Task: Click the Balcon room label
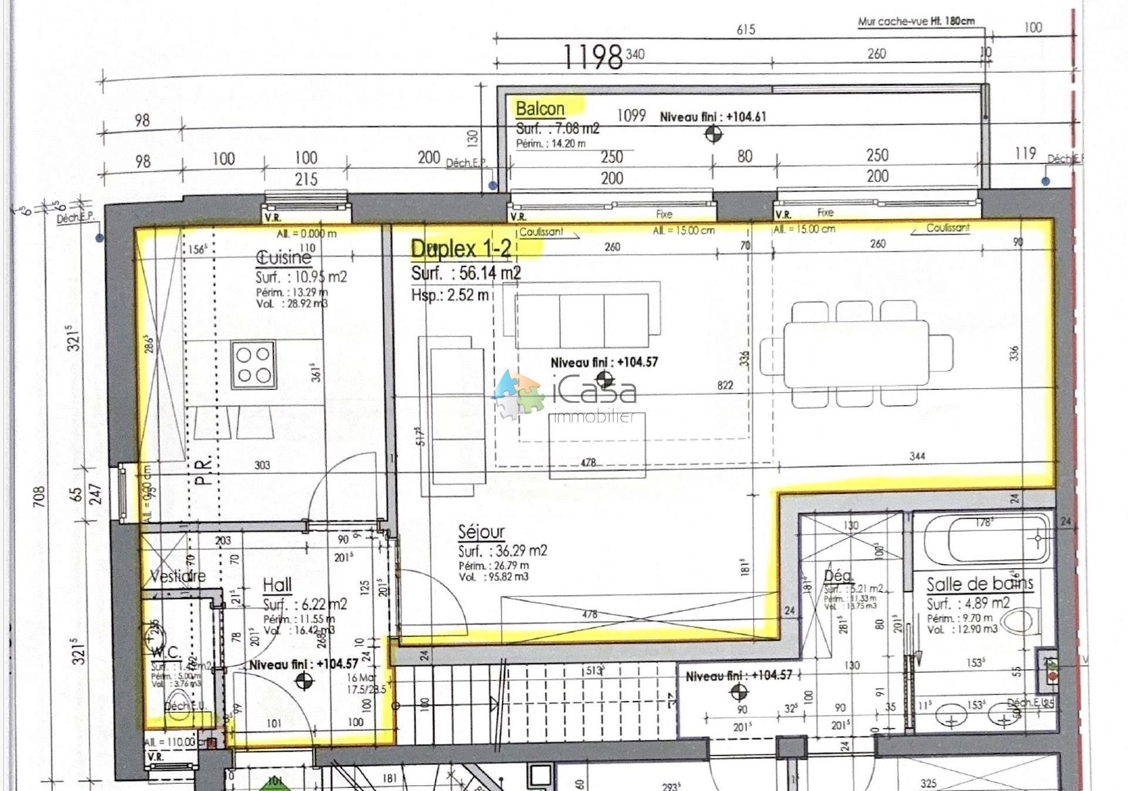(540, 109)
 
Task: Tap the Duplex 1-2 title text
(461, 249)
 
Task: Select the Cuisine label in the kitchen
(283, 257)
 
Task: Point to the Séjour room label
(481, 532)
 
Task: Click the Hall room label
(277, 585)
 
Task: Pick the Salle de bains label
(979, 584)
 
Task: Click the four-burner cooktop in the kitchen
(254, 365)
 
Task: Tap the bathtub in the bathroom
(986, 540)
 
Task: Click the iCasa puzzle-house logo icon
(517, 393)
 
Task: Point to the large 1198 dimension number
(593, 57)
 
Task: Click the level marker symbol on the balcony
(713, 134)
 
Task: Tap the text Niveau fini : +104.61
(712, 116)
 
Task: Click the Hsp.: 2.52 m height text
(450, 295)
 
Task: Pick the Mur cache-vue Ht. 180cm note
(916, 21)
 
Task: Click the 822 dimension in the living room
(725, 385)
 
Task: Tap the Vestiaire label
(178, 576)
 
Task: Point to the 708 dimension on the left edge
(39, 497)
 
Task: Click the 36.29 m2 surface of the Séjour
(503, 551)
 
